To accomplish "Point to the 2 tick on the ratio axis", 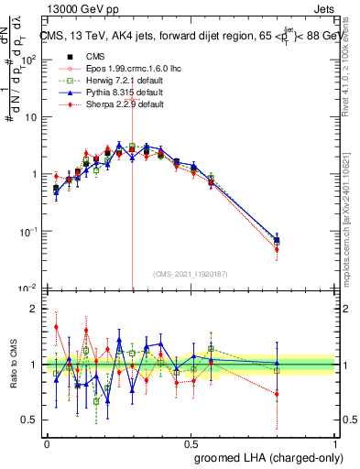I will (34, 309).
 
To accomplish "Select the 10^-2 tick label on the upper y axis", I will (27, 290).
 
